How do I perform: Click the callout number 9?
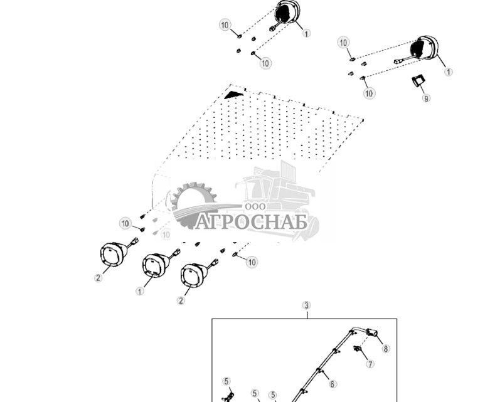tap(427, 98)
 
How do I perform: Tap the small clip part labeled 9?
tap(418, 80)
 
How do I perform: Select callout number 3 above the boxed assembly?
tap(306, 305)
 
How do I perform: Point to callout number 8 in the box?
tap(386, 349)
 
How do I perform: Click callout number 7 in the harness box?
tap(370, 364)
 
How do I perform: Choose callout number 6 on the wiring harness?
tap(333, 384)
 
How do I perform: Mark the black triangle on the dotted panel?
tap(233, 94)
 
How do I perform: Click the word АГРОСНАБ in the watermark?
tap(250, 222)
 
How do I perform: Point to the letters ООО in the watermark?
tap(255, 206)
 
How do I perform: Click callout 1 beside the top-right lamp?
tap(448, 72)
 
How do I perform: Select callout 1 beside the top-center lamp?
tap(306, 33)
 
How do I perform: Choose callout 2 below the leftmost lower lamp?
tap(98, 278)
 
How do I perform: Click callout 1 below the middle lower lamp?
tap(139, 292)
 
